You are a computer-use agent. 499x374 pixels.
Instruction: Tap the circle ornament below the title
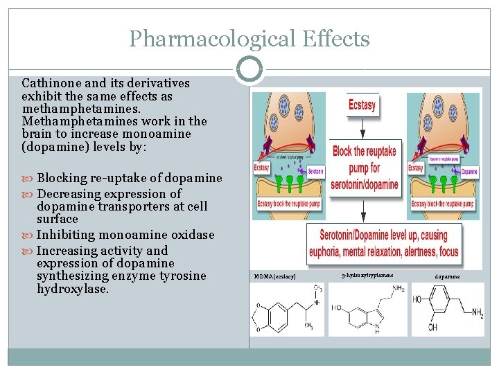pyautogui.click(x=249, y=69)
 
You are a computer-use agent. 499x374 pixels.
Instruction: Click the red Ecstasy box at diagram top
pyautogui.click(x=362, y=106)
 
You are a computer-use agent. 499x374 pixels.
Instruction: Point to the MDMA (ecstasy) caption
pyautogui.click(x=274, y=277)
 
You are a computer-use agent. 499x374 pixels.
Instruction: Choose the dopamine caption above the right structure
pyautogui.click(x=447, y=277)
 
